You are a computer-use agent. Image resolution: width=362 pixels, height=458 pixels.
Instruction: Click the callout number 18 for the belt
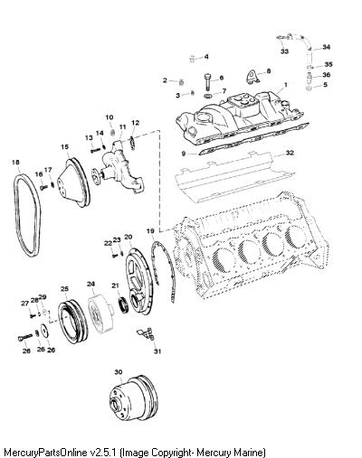point(15,163)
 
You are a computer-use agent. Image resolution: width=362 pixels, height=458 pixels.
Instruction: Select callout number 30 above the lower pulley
point(119,372)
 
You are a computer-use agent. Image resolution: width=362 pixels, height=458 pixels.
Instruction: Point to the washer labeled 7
point(208,96)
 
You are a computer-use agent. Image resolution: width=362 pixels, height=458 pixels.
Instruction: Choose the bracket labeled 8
point(251,77)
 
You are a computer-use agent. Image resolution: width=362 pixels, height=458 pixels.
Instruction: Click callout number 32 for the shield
point(290,153)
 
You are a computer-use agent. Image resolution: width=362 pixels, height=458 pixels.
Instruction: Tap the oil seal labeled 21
point(124,304)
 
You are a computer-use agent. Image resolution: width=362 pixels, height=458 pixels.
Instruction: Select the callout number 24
point(90,284)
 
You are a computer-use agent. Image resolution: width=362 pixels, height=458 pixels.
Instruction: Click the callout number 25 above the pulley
point(64,289)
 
